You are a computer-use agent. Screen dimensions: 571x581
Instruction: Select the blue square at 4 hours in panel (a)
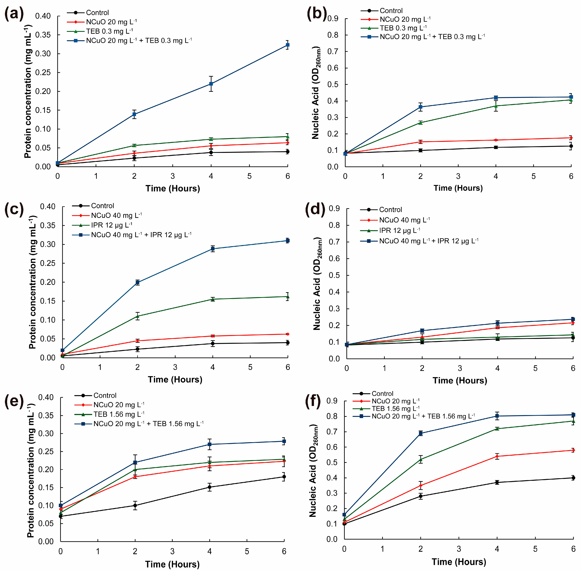click(211, 84)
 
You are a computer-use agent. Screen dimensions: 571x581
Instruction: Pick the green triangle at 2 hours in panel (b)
click(420, 122)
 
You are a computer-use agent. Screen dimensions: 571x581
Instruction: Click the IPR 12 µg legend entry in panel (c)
click(111, 225)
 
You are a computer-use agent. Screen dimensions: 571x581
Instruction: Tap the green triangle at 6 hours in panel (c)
click(287, 297)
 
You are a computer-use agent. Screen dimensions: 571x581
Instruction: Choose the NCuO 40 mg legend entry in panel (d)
click(404, 220)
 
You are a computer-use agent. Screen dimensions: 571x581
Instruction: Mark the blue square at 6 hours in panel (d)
click(573, 319)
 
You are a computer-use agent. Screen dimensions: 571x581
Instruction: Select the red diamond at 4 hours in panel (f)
click(497, 456)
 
